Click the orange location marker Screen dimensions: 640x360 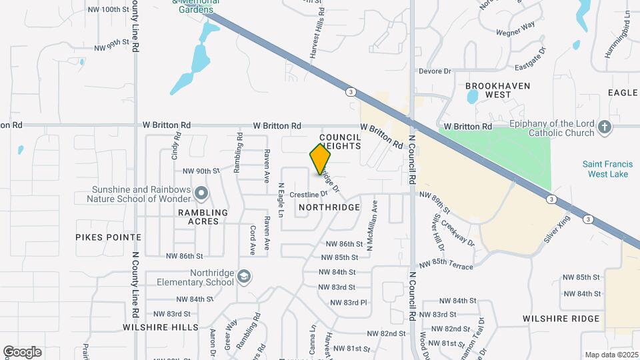(321, 159)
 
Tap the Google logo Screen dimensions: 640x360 (22, 351)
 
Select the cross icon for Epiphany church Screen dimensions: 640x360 (605, 127)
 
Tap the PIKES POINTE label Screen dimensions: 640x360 (108, 237)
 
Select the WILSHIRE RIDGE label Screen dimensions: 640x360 (561, 319)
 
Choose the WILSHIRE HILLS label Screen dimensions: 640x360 (161, 327)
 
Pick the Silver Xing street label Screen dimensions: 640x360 (557, 228)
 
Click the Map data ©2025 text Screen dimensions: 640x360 (610, 355)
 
